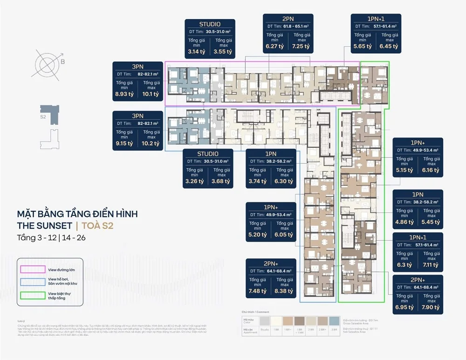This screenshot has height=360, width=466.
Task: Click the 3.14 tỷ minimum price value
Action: point(196,52)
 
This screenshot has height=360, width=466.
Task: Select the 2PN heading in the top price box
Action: point(288,19)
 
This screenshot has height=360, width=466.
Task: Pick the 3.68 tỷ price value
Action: point(221,181)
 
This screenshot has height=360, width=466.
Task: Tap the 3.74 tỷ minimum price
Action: point(258,181)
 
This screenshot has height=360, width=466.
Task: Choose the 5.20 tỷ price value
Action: point(258,235)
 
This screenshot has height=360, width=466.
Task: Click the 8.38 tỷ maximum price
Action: point(285,291)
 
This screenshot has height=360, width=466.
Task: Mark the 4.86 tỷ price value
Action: point(404,222)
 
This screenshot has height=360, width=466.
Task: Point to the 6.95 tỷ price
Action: point(404,307)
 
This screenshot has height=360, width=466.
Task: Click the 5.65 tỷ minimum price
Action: point(363,47)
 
